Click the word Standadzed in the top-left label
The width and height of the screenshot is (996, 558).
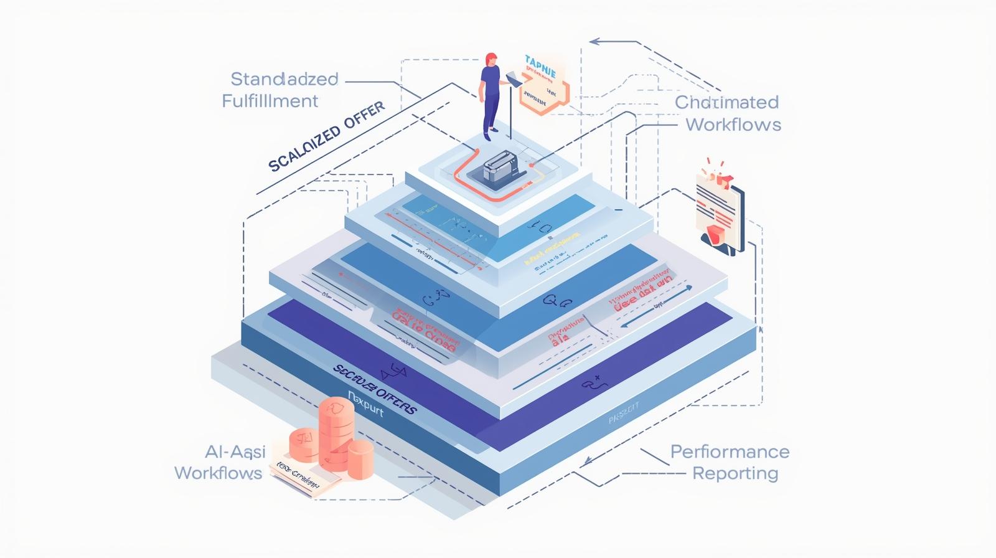(284, 79)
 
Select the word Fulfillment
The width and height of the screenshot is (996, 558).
(270, 101)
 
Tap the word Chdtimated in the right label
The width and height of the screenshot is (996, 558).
(727, 102)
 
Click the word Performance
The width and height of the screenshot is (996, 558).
(730, 452)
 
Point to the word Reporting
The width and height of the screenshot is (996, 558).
(735, 473)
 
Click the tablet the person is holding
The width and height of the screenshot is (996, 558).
(514, 78)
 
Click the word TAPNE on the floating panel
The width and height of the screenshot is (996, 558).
(540, 61)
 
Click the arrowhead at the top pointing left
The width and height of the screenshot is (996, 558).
(594, 42)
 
